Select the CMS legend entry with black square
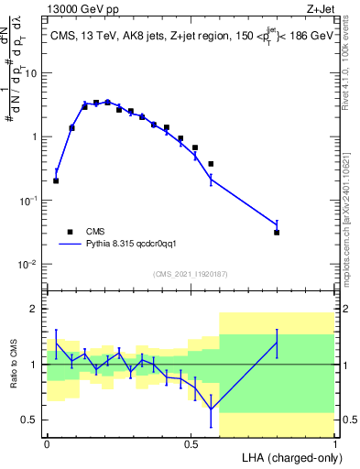click(94, 232)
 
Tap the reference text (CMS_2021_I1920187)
click(191, 273)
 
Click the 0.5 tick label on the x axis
click(191, 443)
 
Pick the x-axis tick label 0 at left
click(47, 443)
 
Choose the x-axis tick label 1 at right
click(334, 443)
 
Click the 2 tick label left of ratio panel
click(37, 310)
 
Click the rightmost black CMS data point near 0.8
click(277, 233)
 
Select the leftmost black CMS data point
click(56, 180)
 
